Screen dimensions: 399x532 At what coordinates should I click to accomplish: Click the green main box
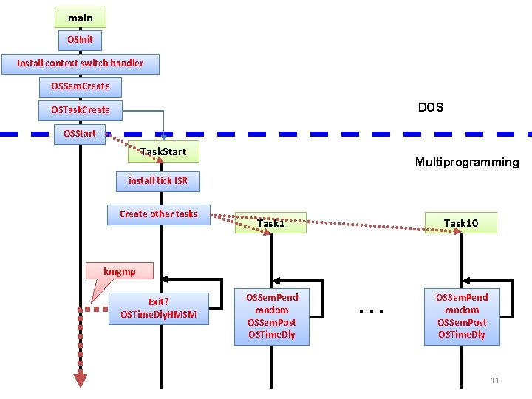pos(81,18)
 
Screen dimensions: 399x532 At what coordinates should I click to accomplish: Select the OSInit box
pos(81,39)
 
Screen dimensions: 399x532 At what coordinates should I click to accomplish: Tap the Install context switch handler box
pos(81,64)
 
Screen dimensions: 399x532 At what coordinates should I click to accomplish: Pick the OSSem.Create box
pos(81,86)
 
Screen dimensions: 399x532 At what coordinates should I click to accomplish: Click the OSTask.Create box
pos(81,110)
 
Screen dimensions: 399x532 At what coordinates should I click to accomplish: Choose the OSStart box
pos(81,134)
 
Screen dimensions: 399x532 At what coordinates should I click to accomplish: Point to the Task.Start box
pos(163,152)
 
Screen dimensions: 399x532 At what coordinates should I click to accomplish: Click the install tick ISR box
pos(158,180)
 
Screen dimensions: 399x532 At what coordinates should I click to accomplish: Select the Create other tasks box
pos(158,214)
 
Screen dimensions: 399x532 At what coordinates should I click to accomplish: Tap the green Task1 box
pos(270,223)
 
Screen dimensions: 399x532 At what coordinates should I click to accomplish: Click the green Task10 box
pos(461,223)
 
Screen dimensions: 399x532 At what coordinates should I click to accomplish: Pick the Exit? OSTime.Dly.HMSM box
pos(158,308)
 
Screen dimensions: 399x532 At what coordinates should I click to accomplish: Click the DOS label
pos(431,108)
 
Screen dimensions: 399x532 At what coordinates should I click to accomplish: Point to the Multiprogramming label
pos(467,163)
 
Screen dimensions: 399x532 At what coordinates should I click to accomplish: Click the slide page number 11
pos(495,381)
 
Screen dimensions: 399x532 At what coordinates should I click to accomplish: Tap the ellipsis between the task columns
pos(370,311)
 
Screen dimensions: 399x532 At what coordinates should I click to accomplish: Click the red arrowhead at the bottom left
pos(81,380)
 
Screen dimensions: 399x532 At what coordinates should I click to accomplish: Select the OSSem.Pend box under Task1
pos(271,316)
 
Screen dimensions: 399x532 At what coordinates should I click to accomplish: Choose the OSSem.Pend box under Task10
pos(462,316)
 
